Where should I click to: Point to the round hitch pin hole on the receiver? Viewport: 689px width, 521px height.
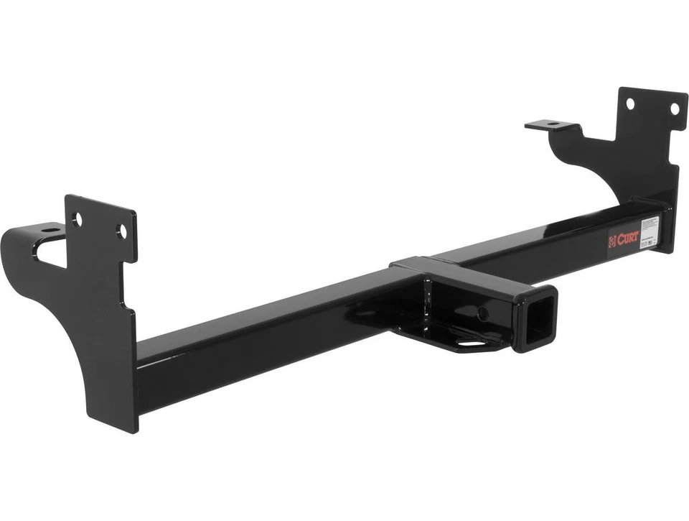tap(483, 313)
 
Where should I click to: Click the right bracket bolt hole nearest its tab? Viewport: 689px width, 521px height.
tap(630, 103)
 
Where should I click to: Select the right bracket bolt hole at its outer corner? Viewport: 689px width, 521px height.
tap(674, 109)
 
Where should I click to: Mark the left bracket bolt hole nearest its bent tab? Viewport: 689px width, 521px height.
tap(77, 218)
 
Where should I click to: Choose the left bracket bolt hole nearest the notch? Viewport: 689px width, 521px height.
tap(121, 231)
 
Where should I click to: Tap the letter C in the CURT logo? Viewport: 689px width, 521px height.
tap(619, 240)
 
